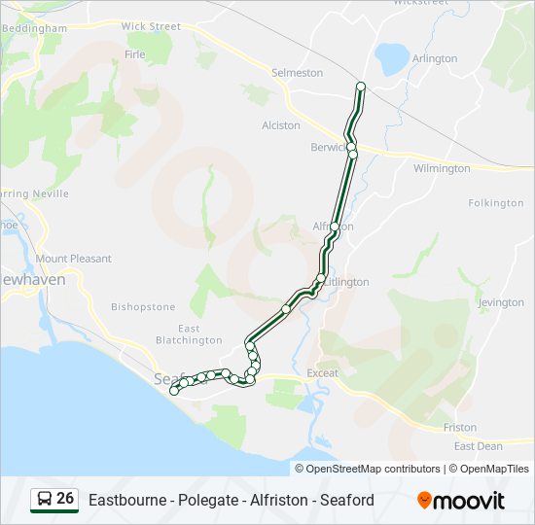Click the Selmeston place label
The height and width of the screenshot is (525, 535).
pyautogui.click(x=297, y=73)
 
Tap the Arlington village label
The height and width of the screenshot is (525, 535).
pyautogui.click(x=434, y=58)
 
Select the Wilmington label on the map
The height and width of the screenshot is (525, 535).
pyautogui.click(x=441, y=168)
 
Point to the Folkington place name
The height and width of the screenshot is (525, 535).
pyautogui.click(x=495, y=203)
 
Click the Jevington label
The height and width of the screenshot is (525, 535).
pyautogui.click(x=501, y=302)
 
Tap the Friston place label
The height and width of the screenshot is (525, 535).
pyautogui.click(x=459, y=427)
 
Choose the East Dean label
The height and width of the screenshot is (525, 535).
pyautogui.click(x=478, y=446)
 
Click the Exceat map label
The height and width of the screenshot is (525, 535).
pyautogui.click(x=322, y=373)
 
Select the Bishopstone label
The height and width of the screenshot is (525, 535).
pyautogui.click(x=143, y=306)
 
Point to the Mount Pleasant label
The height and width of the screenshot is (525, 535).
pyautogui.click(x=73, y=259)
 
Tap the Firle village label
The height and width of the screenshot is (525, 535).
pyautogui.click(x=134, y=54)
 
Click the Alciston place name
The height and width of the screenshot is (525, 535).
pyautogui.click(x=281, y=125)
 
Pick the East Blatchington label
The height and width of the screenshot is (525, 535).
pyautogui.click(x=189, y=334)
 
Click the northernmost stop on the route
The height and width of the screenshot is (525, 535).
pyautogui.click(x=361, y=87)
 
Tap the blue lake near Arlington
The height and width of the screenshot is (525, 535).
pyautogui.click(x=394, y=58)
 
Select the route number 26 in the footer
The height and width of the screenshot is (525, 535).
pyautogui.click(x=65, y=499)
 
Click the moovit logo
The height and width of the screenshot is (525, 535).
pyautogui.click(x=461, y=501)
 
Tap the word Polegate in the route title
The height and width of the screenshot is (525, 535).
pyautogui.click(x=198, y=501)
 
